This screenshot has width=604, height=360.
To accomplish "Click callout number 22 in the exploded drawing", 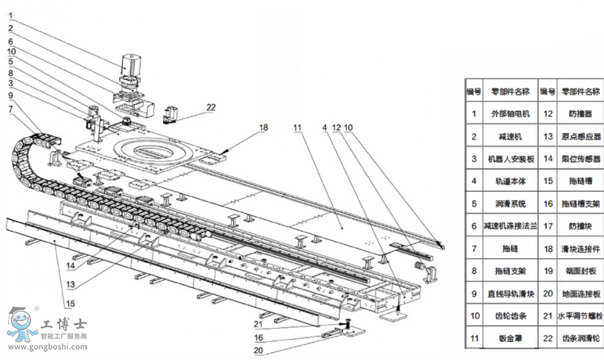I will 211,106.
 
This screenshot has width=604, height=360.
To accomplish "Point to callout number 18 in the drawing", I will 263,126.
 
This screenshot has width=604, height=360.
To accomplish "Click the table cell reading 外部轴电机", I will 510,114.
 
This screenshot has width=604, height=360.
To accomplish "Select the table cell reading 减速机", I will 510,136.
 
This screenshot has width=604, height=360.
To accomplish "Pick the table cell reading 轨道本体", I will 510,180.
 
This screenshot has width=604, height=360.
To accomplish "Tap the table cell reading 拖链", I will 510,248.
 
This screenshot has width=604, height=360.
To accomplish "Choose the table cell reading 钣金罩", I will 510,337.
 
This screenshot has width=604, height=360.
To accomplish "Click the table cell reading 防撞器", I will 579,114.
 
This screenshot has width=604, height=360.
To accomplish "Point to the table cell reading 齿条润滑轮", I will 579,337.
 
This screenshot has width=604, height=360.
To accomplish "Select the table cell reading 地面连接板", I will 579,293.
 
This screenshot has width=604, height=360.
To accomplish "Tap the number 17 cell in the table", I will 548,225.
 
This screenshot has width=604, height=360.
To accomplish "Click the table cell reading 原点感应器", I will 579,136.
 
